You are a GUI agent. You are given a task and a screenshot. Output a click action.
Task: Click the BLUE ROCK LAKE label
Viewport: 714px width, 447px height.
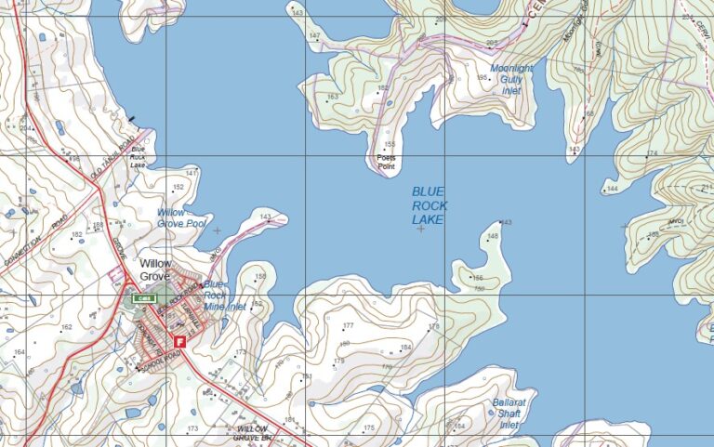(x=429, y=205)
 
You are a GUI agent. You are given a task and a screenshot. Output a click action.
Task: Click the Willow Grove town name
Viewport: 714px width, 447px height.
(x=156, y=270)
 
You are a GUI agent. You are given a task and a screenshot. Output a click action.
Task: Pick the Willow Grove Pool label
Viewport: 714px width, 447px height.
(x=181, y=218)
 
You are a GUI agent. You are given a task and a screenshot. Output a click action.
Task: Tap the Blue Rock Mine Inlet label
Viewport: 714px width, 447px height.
(x=223, y=295)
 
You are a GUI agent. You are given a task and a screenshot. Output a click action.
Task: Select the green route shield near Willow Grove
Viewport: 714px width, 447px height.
(x=143, y=298)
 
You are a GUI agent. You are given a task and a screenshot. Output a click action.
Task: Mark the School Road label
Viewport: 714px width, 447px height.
(x=156, y=362)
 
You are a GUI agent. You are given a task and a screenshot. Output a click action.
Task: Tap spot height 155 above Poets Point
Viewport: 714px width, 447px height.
(x=390, y=144)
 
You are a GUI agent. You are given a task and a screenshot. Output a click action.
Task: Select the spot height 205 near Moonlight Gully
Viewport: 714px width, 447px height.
(x=490, y=44)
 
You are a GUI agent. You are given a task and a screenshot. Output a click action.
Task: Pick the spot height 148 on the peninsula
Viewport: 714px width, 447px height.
(x=493, y=237)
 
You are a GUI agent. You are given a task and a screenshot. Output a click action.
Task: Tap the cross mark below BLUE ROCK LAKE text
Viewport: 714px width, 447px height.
(x=421, y=229)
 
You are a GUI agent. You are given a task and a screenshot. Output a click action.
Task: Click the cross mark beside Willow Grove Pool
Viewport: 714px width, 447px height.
(x=218, y=230)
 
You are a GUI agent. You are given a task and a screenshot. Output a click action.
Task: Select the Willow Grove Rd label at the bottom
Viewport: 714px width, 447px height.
(x=252, y=432)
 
